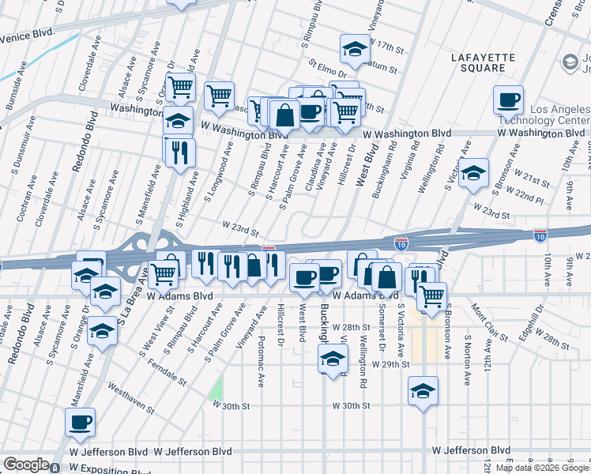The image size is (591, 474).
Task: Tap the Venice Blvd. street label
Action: pyautogui.click(x=30, y=37)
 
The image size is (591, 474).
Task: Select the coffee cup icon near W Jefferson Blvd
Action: pyautogui.click(x=80, y=423)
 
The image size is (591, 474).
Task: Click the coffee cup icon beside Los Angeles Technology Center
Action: pyautogui.click(x=508, y=100)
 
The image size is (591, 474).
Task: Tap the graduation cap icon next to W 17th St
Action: pyautogui.click(x=355, y=49)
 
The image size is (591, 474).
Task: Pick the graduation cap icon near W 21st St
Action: pyautogui.click(x=473, y=174)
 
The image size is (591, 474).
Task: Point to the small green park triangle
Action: pyautogui.click(x=215, y=388)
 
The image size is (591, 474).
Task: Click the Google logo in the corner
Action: pyautogui.click(x=25, y=465)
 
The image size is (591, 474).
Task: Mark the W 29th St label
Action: pyautogui.click(x=393, y=365)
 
